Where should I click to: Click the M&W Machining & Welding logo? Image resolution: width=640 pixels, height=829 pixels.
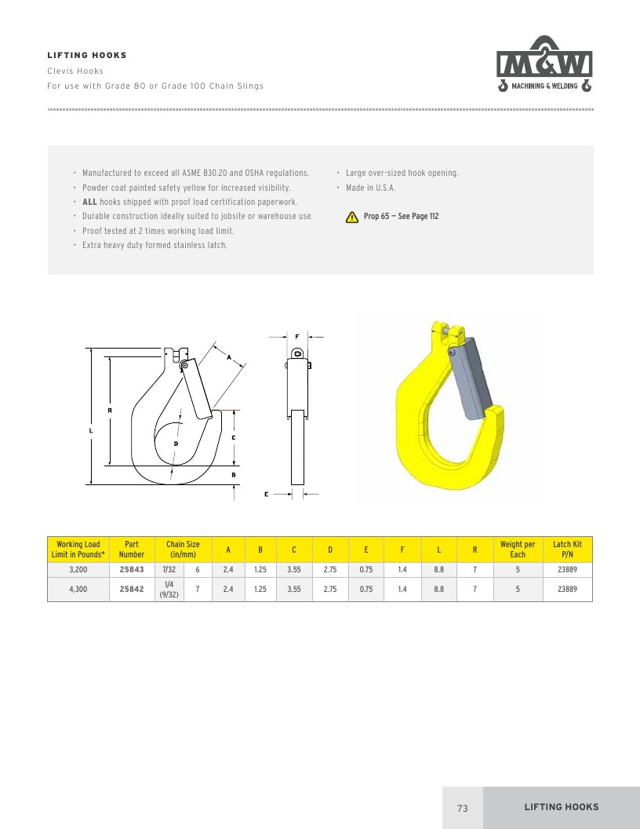pyautogui.click(x=544, y=64)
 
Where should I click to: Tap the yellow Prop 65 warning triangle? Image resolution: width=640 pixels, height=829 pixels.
pyautogui.click(x=351, y=217)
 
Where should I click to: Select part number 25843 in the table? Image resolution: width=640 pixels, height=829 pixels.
pyautogui.click(x=132, y=569)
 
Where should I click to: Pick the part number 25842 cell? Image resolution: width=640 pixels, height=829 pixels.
pyautogui.click(x=132, y=589)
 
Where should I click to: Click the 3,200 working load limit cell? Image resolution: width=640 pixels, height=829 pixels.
pyautogui.click(x=78, y=569)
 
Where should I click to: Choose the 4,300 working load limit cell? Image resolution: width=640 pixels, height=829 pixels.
pyautogui.click(x=78, y=589)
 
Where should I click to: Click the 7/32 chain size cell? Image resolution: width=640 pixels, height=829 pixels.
pyautogui.click(x=169, y=569)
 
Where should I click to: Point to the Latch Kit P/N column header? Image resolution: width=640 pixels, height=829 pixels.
pyautogui.click(x=567, y=550)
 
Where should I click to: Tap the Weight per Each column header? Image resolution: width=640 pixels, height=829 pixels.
pyautogui.click(x=518, y=550)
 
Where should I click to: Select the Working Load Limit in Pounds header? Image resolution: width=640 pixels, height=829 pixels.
pyautogui.click(x=78, y=550)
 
